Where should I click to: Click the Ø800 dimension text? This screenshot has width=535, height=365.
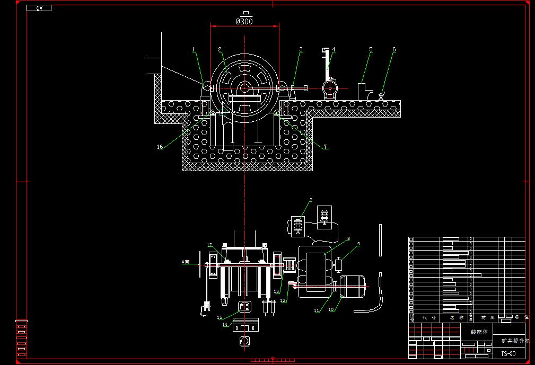tap(244, 22)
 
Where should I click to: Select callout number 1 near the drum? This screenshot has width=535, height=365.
tap(194, 49)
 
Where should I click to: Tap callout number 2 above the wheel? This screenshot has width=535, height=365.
tap(220, 49)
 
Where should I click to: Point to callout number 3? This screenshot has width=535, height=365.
tap(301, 49)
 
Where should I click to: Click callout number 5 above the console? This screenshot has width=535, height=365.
tap(371, 49)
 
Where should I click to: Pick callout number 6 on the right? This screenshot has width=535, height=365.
tap(394, 49)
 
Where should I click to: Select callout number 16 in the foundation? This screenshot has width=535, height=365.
tap(160, 147)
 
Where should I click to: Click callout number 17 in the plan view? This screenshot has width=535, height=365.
tap(209, 245)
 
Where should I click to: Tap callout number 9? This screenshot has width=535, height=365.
tap(358, 244)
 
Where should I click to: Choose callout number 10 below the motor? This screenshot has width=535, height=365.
tap(331, 309)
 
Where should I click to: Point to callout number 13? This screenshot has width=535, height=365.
tap(276, 292)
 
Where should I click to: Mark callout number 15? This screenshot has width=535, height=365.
tap(220, 317)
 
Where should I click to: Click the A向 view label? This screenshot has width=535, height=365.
tap(185, 262)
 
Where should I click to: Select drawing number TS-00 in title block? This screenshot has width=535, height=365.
tap(508, 352)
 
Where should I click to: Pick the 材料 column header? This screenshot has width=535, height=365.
tap(483, 318)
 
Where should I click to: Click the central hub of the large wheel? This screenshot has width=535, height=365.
tap(244, 88)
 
